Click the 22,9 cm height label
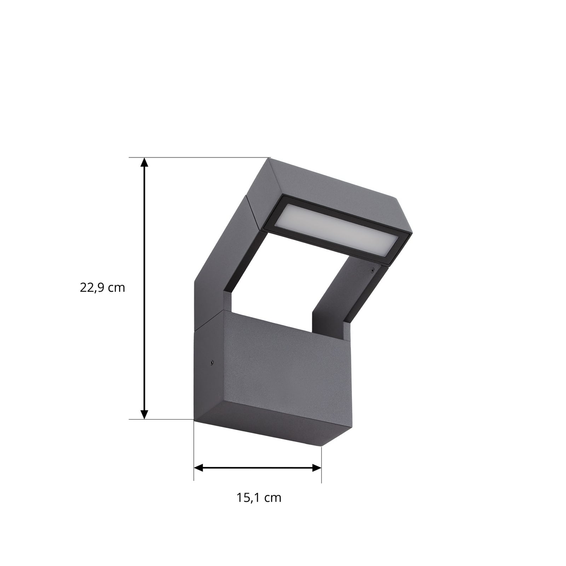tap(103, 288)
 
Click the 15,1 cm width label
tap(259, 498)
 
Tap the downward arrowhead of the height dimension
tap(144, 414)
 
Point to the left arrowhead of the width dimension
tap(199, 468)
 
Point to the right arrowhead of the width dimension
tap(317, 468)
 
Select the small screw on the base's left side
tap(211, 362)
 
